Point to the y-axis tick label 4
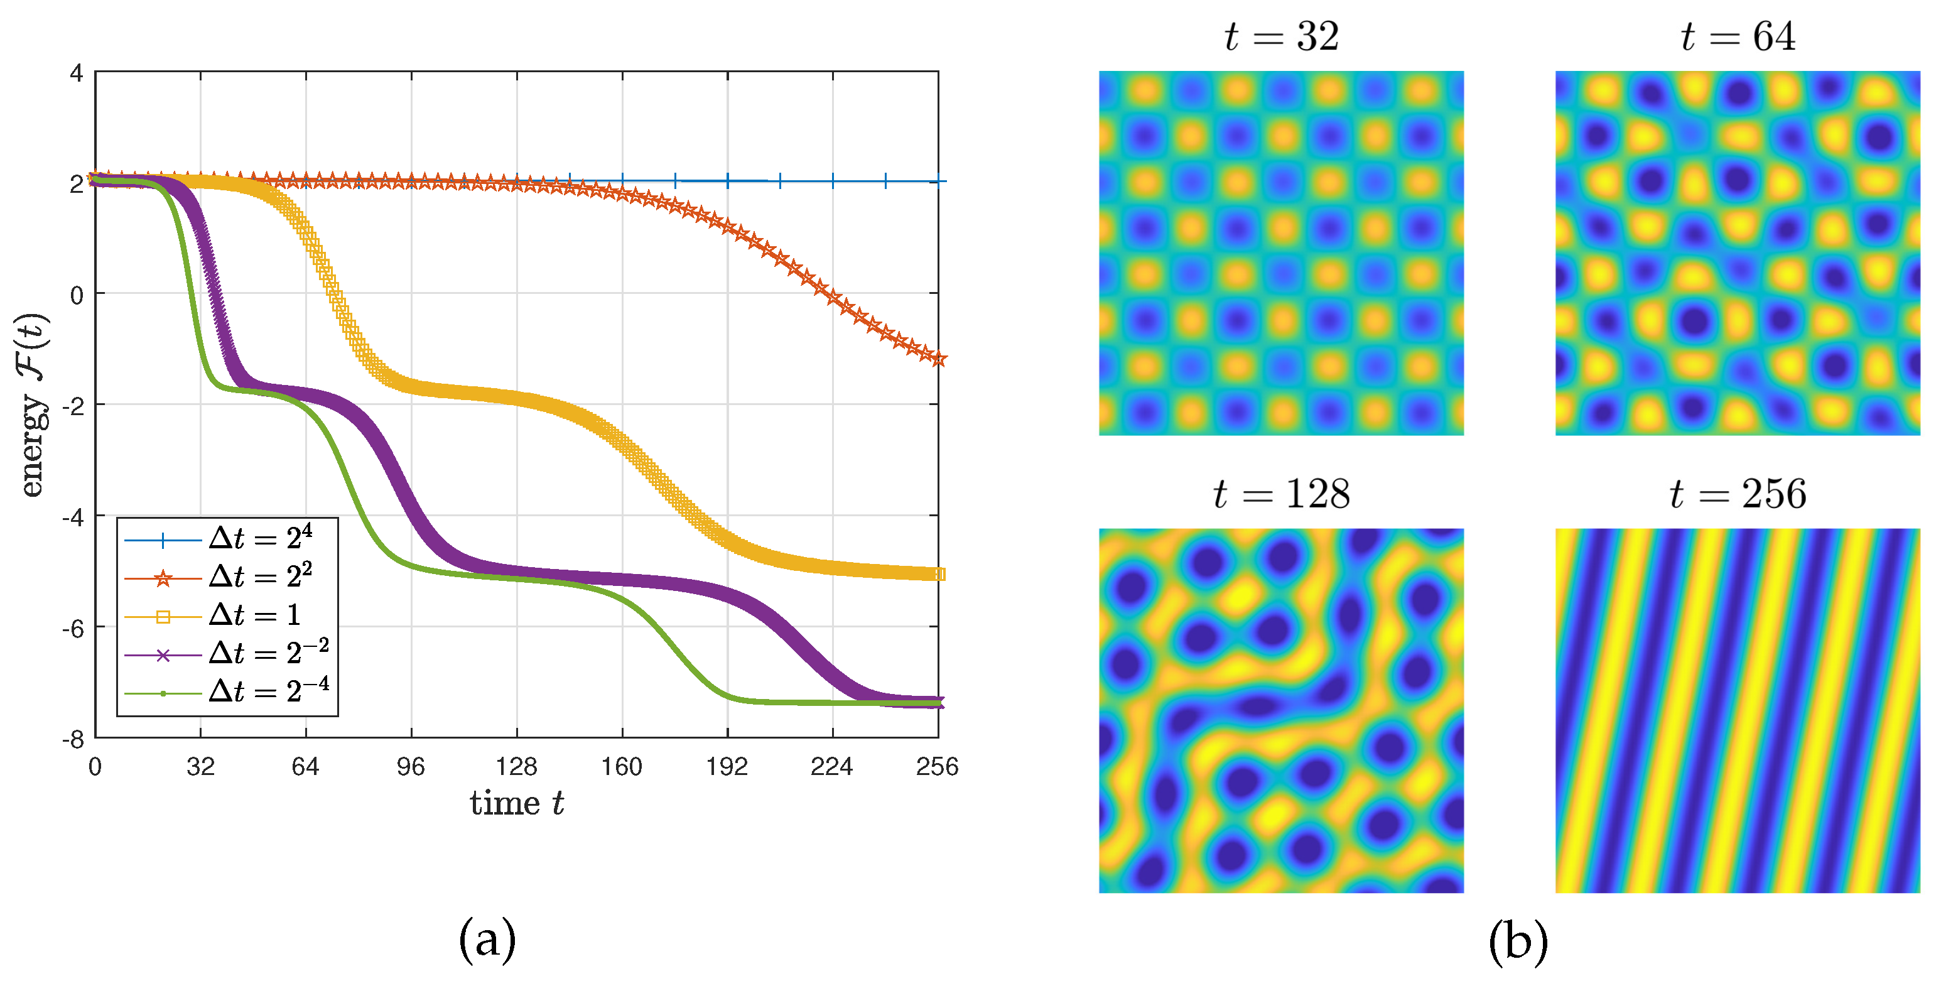pyautogui.click(x=76, y=73)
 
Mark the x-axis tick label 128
pyautogui.click(x=516, y=767)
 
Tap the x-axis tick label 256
pyautogui.click(x=937, y=767)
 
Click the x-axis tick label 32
pyautogui.click(x=201, y=767)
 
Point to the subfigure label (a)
pyautogui.click(x=487, y=940)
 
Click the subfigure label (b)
pyautogui.click(x=1518, y=941)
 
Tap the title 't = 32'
pyautogui.click(x=1282, y=36)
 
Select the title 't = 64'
pyautogui.click(x=1738, y=36)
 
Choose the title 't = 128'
pyautogui.click(x=1282, y=494)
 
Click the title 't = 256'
pyautogui.click(x=1738, y=494)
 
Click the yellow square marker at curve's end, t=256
pyautogui.click(x=939, y=574)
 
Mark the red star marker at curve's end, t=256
pyautogui.click(x=938, y=359)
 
